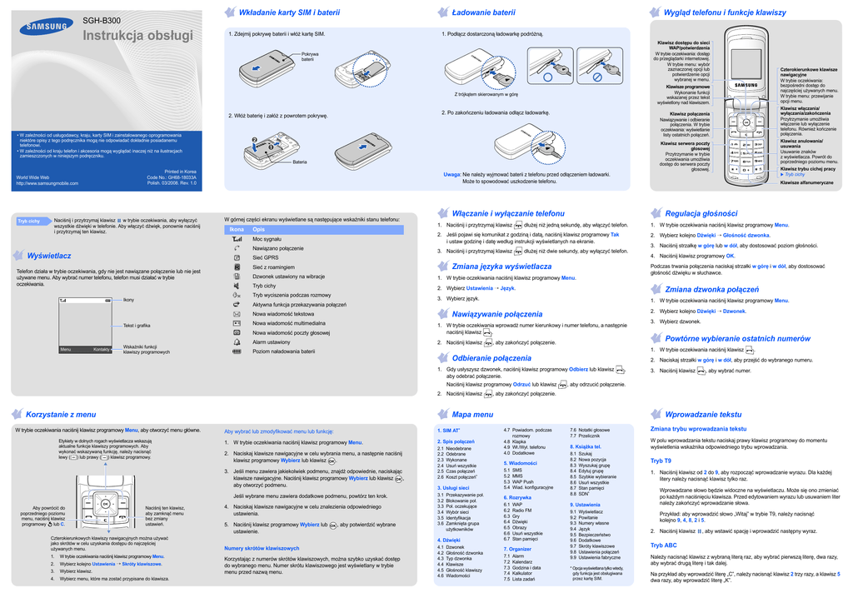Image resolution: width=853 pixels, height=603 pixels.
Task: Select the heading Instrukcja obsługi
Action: (137, 37)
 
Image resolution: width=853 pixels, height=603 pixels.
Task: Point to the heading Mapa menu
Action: (472, 414)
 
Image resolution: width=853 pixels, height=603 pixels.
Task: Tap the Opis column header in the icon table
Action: (259, 229)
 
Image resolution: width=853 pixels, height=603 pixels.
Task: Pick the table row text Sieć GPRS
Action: (267, 257)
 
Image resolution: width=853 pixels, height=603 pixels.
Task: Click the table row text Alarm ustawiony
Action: (272, 341)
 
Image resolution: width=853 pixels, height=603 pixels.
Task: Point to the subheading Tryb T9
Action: (661, 461)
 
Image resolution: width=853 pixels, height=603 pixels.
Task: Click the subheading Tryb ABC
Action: (663, 545)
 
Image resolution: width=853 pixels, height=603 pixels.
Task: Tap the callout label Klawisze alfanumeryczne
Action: (807, 182)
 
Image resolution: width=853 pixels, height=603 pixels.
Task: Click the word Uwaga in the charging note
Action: (451, 174)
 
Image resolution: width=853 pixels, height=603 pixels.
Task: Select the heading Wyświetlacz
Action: (49, 255)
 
